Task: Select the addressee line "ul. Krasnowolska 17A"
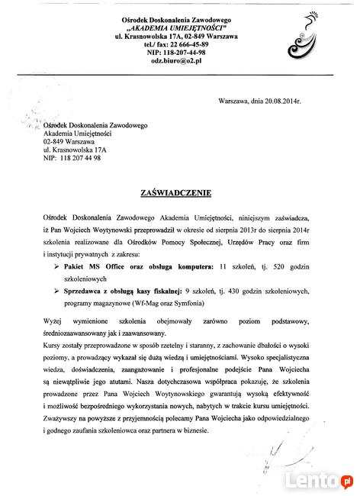tap(74, 150)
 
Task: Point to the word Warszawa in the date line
tap(233, 101)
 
